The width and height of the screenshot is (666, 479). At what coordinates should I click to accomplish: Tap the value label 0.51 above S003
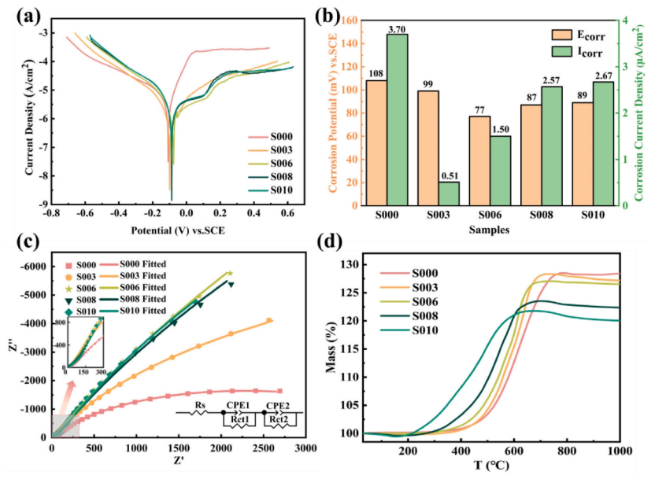click(449, 175)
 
